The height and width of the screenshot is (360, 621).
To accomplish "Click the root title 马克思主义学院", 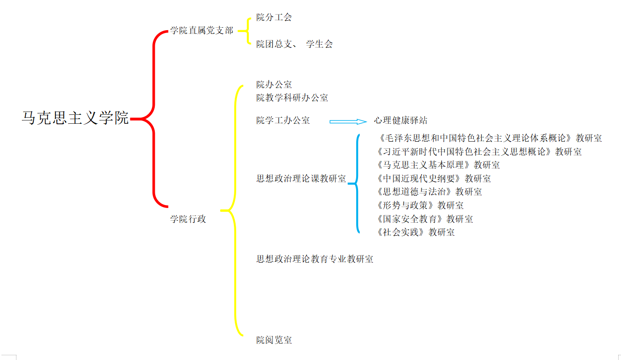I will (75, 118).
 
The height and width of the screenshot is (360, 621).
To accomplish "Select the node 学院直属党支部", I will (202, 31).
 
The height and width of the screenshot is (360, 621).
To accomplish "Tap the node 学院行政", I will (188, 219).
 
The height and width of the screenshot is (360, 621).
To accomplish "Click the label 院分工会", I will (274, 17).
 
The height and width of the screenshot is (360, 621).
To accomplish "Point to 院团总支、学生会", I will (295, 44).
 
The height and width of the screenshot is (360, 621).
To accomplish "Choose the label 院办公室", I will (274, 85).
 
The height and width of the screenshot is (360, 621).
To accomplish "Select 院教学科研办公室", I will (292, 98).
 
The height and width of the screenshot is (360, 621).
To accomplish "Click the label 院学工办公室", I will (283, 120).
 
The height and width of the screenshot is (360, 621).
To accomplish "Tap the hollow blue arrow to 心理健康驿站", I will (348, 121).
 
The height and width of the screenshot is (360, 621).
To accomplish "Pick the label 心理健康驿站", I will (401, 120).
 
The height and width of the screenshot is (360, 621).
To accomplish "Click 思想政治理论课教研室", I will (301, 179).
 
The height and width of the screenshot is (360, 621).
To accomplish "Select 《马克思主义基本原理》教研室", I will (438, 165).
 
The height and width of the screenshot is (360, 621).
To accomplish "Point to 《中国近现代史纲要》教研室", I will (434, 179).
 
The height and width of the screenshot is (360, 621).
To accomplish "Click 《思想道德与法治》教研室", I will (429, 192).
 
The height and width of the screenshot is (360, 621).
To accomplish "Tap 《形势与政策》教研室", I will (420, 206).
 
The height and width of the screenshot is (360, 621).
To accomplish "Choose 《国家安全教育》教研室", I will (425, 219).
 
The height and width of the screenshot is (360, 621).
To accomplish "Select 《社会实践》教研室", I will (416, 232).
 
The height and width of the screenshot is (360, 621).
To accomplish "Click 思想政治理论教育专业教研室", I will (315, 259).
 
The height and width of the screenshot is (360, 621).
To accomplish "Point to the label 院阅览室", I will (274, 340).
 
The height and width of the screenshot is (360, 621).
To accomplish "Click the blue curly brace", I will (357, 184).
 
